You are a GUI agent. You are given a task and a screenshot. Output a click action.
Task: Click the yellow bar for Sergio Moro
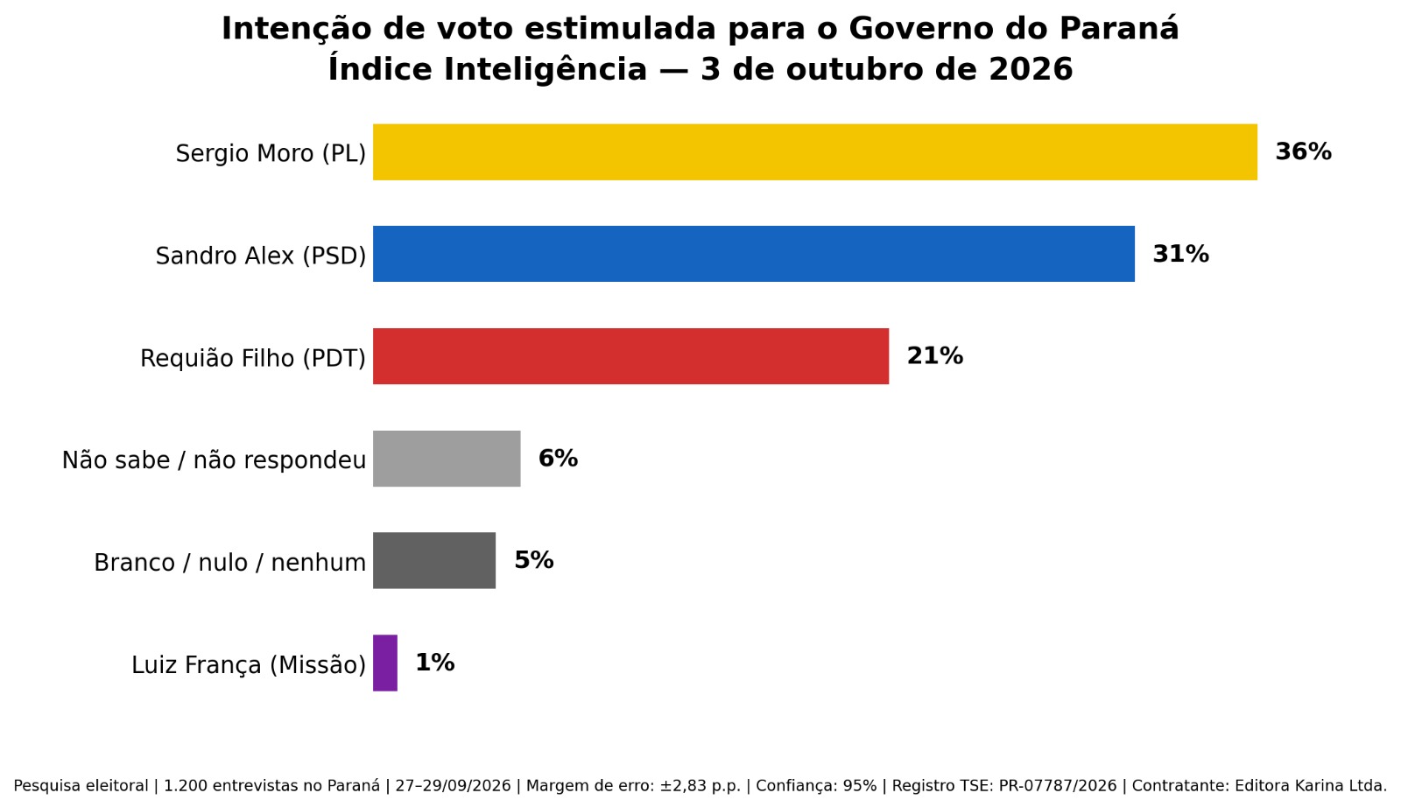click(x=815, y=152)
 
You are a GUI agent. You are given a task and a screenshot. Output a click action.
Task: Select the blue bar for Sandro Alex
click(x=754, y=254)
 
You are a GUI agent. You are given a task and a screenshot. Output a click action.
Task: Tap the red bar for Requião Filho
click(x=631, y=356)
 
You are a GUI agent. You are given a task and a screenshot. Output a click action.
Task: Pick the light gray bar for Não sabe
click(x=447, y=458)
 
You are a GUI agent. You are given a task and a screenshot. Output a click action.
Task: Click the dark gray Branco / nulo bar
click(x=434, y=561)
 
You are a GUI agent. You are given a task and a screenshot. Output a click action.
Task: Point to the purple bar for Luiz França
click(x=385, y=663)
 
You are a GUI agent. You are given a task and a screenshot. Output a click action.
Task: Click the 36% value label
click(x=1304, y=152)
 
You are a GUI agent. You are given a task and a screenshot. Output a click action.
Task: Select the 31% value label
click(x=1181, y=254)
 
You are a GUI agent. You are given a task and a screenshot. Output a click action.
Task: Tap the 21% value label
click(x=935, y=356)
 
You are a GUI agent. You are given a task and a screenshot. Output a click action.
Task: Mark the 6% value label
click(x=558, y=458)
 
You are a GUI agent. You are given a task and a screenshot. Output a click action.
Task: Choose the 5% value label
click(x=533, y=561)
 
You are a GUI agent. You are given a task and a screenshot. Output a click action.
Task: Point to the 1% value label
click(x=434, y=663)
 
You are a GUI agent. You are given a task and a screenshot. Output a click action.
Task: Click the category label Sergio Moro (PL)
click(x=271, y=154)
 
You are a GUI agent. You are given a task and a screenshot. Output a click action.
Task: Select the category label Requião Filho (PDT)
click(x=253, y=358)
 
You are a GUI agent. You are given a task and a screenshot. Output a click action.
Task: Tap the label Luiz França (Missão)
click(x=249, y=665)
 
